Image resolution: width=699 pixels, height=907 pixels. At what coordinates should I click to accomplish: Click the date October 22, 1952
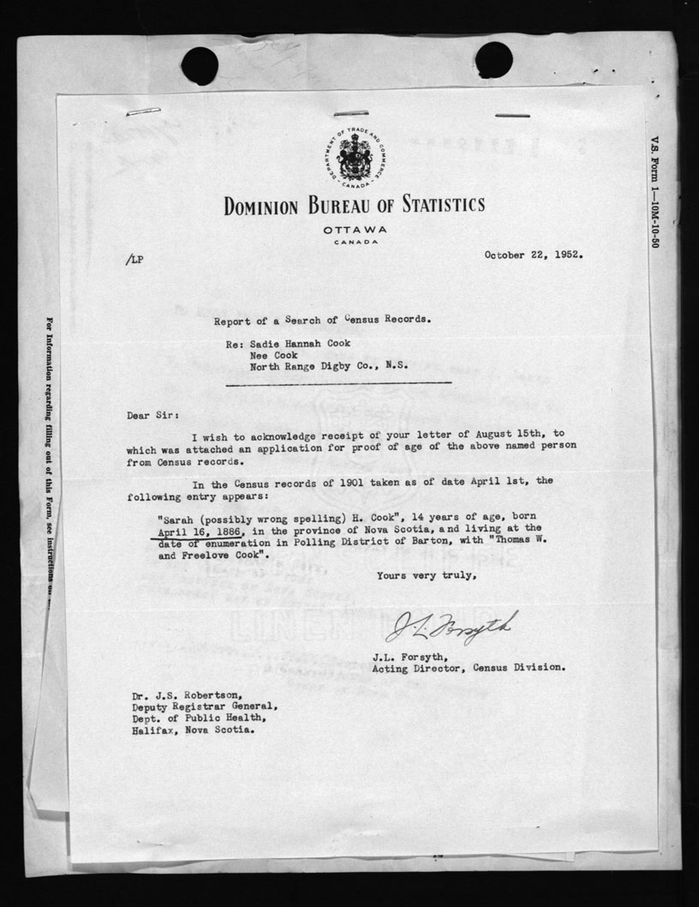pos(534,255)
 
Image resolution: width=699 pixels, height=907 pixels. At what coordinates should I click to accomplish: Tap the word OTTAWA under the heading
pos(355,231)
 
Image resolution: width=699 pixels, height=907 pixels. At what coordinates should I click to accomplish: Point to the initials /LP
pos(134,260)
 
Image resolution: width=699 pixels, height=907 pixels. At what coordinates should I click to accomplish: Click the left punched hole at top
pos(200,65)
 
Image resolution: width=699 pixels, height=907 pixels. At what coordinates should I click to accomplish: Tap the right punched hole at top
pos(493,59)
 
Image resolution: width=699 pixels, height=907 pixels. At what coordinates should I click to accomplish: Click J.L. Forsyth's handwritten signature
pos(451,628)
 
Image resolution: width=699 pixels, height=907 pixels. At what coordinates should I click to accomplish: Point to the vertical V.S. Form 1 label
pos(654,192)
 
